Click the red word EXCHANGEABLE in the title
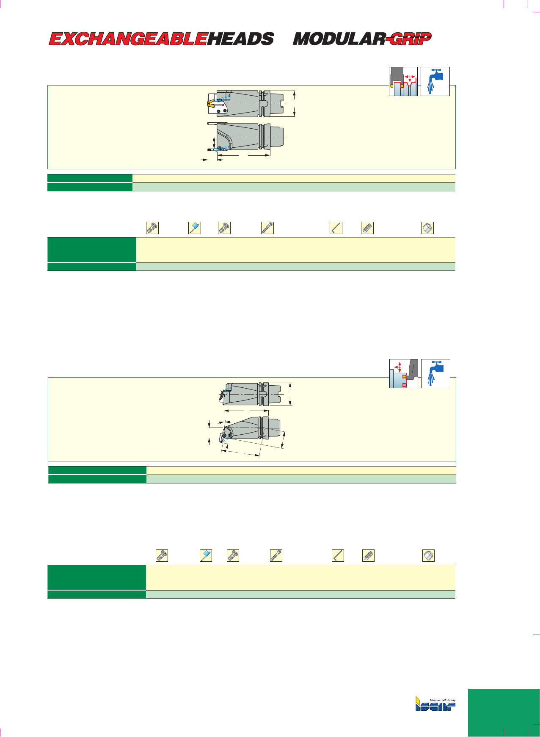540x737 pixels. click(128, 39)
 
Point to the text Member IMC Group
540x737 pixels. click(443, 700)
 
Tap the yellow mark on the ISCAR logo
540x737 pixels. click(417, 699)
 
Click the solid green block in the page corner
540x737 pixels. click(504, 713)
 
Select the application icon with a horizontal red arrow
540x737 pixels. click(403, 81)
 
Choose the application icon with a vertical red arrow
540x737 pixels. click(404, 373)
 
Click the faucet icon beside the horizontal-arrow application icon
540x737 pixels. click(435, 81)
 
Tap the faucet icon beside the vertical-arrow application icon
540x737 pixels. click(436, 373)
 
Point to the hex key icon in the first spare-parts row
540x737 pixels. click(336, 228)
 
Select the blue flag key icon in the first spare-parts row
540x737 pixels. click(195, 228)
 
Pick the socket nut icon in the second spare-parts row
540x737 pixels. click(429, 555)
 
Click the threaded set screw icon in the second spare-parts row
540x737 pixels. click(369, 555)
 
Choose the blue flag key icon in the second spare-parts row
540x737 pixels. click(206, 555)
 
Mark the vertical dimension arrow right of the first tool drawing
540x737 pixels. click(295, 104)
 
